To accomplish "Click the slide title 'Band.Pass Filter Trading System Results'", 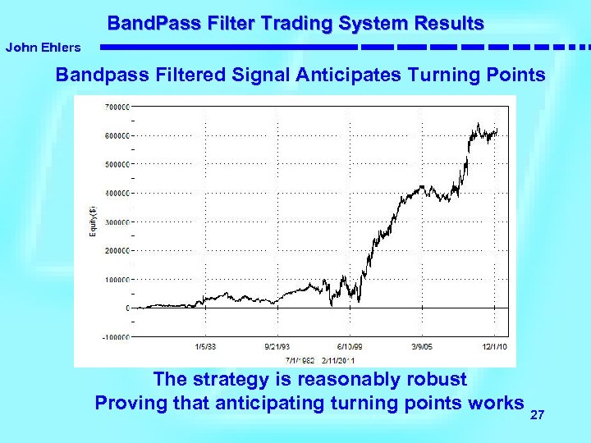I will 295,23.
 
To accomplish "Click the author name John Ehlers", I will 44,48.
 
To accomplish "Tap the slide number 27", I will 538,417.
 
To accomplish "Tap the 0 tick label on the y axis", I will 127,308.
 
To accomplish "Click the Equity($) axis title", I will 93,221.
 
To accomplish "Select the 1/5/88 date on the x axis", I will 205,347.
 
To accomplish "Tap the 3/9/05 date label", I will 423,347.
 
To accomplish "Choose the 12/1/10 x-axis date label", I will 494,347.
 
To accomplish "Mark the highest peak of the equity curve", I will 479,124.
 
